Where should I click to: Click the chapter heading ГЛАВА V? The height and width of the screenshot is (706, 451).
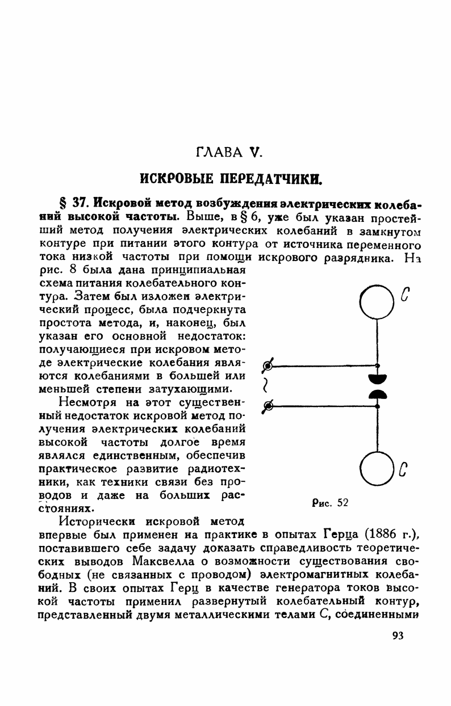coord(227,152)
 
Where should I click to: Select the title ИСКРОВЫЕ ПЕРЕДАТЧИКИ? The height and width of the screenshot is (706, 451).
coord(227,179)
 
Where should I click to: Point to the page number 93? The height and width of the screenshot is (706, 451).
coord(397,636)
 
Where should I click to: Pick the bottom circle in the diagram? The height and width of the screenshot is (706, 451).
coord(378,468)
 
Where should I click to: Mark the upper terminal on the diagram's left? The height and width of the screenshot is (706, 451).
coord(269,365)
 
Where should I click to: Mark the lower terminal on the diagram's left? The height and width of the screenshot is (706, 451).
coord(269,405)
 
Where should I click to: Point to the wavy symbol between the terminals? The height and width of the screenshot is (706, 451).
coord(265,386)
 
